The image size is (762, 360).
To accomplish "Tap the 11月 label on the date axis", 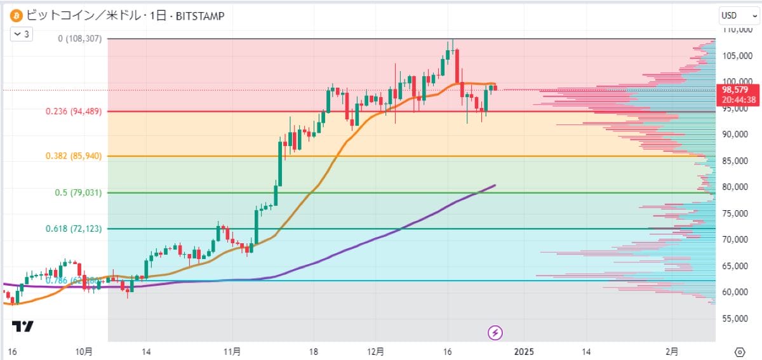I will pos(232,351).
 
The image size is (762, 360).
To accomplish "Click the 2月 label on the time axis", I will pos(672,351).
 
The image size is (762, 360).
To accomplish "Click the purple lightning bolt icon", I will pos(495,331).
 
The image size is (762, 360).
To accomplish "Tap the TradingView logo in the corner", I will pos(23,326).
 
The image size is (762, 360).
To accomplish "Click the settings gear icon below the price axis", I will pos(740,352).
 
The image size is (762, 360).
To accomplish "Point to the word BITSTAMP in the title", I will pos(198,15).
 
